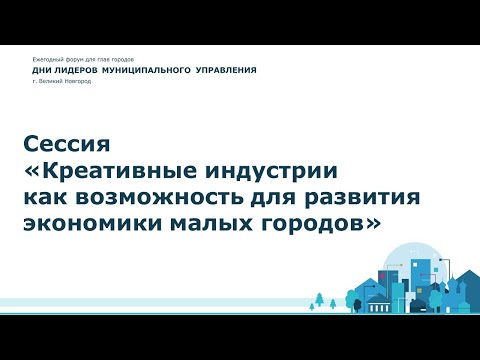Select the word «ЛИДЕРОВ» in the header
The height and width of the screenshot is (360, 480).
click(x=78, y=71)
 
